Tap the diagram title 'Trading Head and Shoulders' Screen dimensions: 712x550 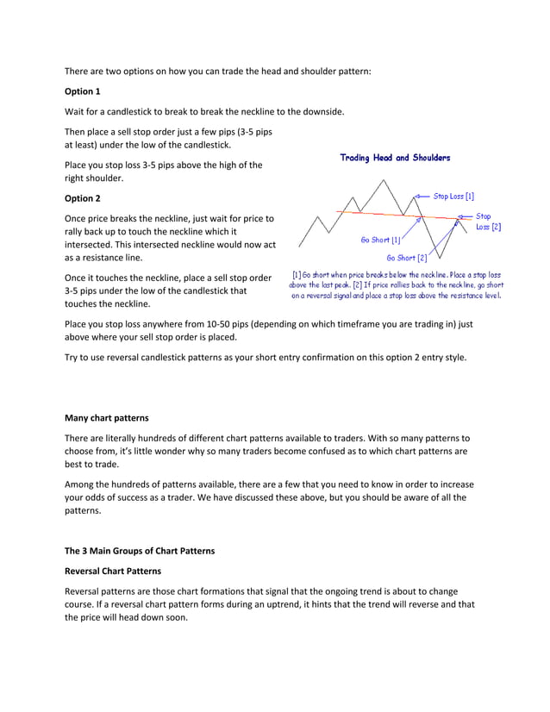pos(395,158)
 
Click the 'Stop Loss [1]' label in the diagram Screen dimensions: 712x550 pos(453,197)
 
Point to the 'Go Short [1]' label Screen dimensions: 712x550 pos(380,240)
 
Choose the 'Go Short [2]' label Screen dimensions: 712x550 pos(407,257)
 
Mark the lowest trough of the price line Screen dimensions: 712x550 pos(438,258)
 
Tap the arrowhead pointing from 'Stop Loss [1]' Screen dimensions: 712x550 pos(417,197)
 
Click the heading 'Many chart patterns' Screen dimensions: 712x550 pos(107,418)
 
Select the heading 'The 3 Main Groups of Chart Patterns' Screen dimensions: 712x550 pos(140,551)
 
